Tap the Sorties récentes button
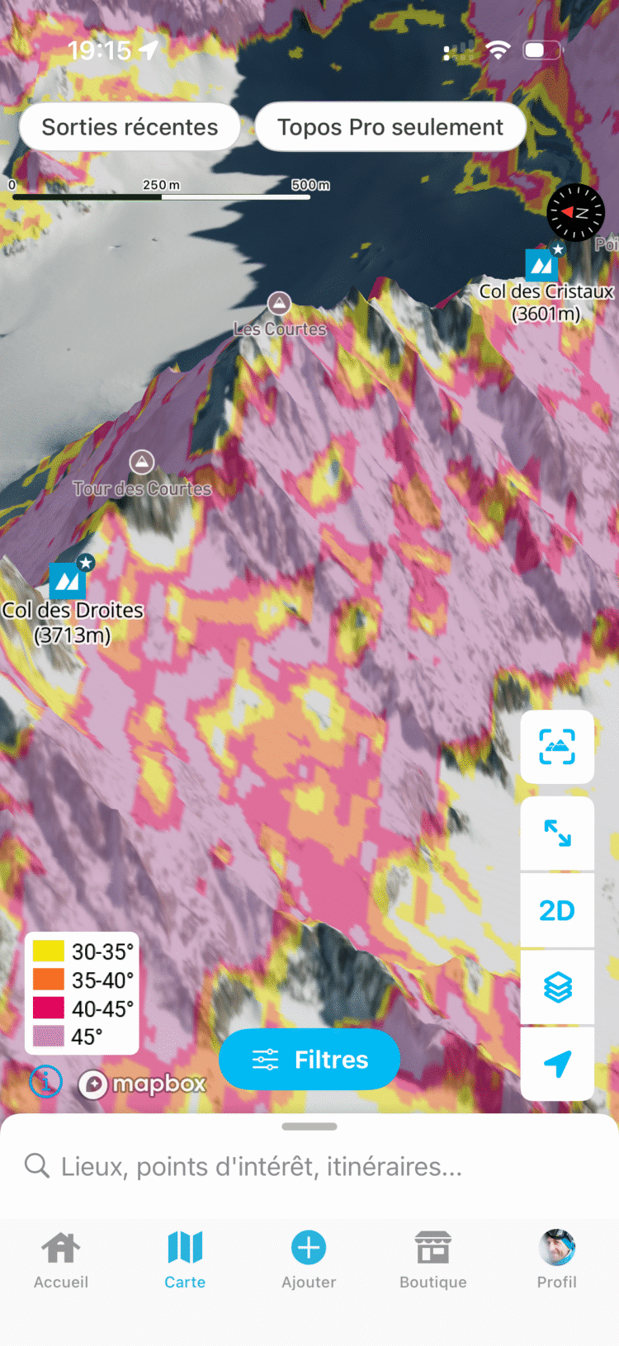click(130, 127)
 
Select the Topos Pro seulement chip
click(390, 127)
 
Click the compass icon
click(575, 213)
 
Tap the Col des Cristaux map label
click(546, 302)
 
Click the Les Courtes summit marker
click(279, 304)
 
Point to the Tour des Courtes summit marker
click(142, 462)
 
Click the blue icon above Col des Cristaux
click(541, 264)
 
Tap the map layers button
click(557, 987)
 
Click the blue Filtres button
click(309, 1060)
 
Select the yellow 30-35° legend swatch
click(49, 952)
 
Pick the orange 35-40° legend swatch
click(49, 980)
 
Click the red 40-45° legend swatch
click(49, 1008)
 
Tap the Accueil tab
click(61, 1259)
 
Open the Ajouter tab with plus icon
click(309, 1259)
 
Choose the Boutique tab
click(432, 1259)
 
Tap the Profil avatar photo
click(557, 1247)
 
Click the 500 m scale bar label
click(310, 185)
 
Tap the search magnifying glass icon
click(36, 1165)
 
